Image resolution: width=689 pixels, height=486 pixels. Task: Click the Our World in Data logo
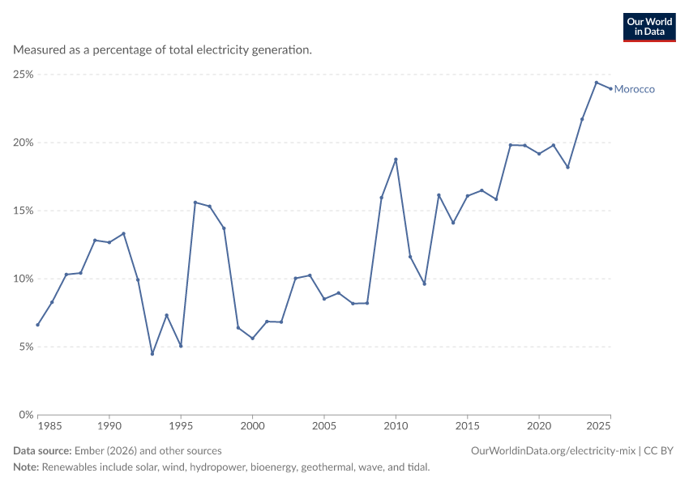(649, 28)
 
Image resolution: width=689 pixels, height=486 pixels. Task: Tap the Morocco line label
(634, 89)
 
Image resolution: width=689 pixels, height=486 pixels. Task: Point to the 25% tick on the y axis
(24, 75)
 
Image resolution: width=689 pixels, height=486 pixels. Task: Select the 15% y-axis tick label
(24, 211)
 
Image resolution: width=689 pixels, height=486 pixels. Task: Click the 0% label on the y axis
(26, 415)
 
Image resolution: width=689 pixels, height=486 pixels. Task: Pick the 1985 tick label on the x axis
(49, 426)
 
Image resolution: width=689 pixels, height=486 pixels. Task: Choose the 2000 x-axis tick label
(253, 426)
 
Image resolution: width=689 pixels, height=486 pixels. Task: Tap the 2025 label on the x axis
(598, 426)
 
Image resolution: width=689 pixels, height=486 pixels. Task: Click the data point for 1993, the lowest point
(152, 353)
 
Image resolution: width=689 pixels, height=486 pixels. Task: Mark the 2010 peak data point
(396, 160)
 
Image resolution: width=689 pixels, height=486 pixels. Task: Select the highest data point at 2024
(597, 83)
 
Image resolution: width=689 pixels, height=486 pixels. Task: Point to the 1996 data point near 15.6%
(195, 202)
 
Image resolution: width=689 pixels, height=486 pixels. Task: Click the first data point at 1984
(38, 325)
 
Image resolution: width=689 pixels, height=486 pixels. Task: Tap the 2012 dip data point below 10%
(425, 284)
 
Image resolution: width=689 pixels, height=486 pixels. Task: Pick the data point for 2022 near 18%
(567, 168)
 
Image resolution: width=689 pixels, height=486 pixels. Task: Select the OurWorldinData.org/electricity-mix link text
(553, 451)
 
